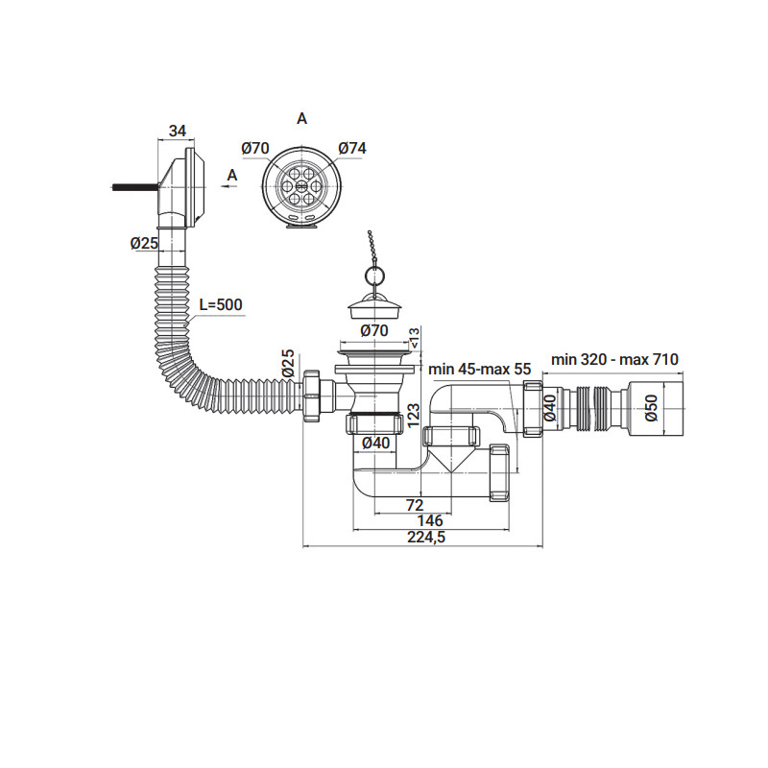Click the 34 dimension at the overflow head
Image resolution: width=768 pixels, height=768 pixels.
click(178, 131)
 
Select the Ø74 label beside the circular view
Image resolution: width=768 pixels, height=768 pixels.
click(352, 148)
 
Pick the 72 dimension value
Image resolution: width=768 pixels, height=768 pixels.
click(415, 503)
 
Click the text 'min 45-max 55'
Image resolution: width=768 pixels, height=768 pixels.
click(479, 369)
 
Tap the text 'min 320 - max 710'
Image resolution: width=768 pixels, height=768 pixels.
click(614, 359)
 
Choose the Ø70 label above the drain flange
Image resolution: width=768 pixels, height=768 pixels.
click(373, 330)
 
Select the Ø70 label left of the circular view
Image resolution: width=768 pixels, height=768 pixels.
click(254, 148)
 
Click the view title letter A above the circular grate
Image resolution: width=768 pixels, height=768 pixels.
click(301, 118)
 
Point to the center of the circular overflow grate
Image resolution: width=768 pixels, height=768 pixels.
click(300, 182)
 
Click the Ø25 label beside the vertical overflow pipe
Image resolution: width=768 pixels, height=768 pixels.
click(144, 243)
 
